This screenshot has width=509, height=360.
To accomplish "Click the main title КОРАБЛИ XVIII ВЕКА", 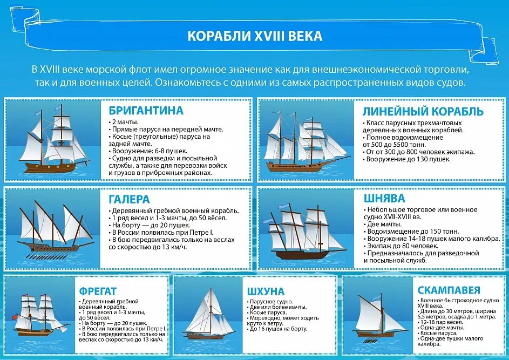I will (254, 36).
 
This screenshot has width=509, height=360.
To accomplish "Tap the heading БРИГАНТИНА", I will (146, 111).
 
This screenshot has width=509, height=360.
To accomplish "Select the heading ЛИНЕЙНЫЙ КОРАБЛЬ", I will (423, 112).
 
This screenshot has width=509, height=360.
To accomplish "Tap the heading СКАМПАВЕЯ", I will (449, 290).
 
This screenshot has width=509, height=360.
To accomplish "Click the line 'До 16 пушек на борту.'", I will (277, 329).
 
